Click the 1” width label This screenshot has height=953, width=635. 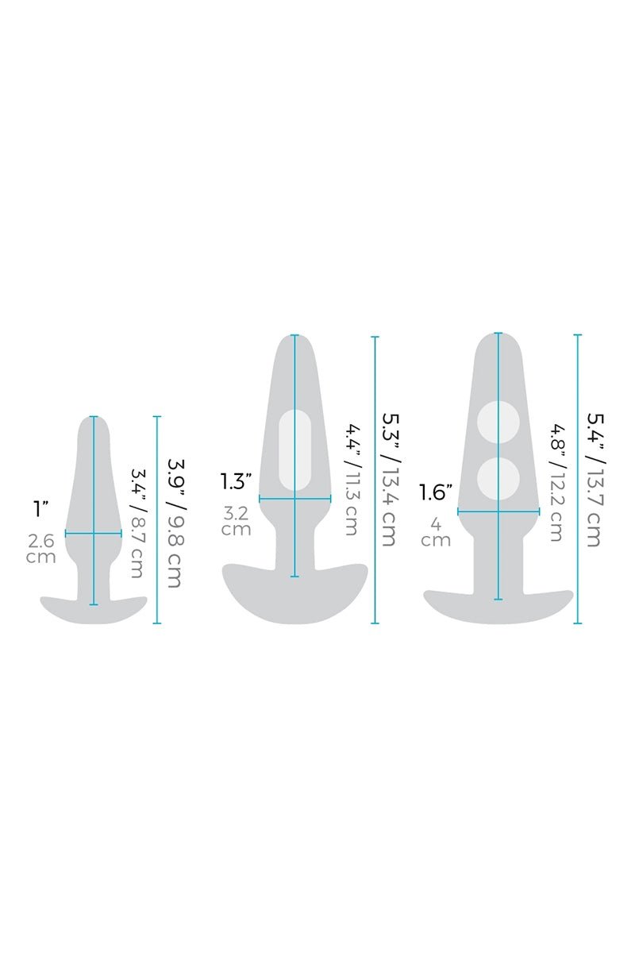pyautogui.click(x=40, y=509)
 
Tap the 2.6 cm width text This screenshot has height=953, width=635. pyautogui.click(x=41, y=549)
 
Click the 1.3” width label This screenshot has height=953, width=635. pyautogui.click(x=237, y=480)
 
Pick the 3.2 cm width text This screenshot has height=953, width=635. pyautogui.click(x=237, y=521)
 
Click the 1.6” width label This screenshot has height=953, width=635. pyautogui.click(x=436, y=492)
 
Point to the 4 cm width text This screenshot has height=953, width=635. pyautogui.click(x=436, y=533)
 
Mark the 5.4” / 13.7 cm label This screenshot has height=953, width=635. pyautogui.click(x=593, y=480)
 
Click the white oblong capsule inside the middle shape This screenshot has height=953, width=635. pyautogui.click(x=294, y=449)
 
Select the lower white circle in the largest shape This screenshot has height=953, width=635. pyautogui.click(x=498, y=477)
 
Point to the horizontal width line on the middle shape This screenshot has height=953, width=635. pyautogui.click(x=314, y=499)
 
